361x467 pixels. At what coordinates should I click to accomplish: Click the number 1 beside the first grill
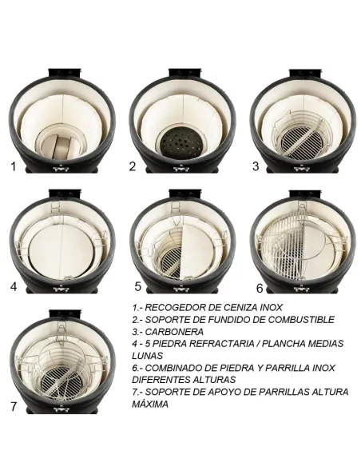pyautogui.click(x=12, y=166)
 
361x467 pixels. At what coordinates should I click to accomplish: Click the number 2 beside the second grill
pyautogui.click(x=133, y=166)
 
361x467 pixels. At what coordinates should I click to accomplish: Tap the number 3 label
pyautogui.click(x=256, y=166)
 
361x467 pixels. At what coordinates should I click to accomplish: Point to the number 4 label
pyautogui.click(x=13, y=285)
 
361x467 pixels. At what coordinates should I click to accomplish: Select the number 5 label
pyautogui.click(x=137, y=285)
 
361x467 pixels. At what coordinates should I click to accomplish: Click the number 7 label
pyautogui.click(x=14, y=406)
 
